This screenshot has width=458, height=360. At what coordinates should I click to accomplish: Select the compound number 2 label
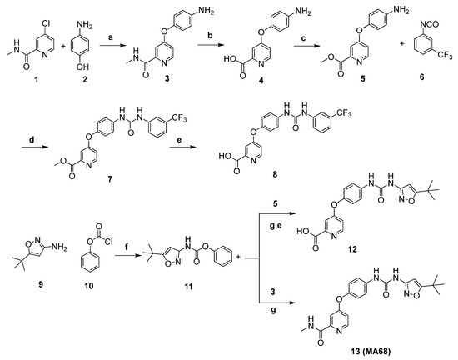85,79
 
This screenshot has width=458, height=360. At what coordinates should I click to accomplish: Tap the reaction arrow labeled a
112,46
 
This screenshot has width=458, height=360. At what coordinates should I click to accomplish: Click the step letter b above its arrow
211,36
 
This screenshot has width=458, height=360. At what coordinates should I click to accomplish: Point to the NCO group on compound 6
430,24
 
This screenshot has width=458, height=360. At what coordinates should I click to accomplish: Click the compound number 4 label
261,80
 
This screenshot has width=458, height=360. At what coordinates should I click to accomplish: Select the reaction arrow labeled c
306,46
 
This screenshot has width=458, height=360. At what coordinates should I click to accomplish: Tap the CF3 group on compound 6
446,56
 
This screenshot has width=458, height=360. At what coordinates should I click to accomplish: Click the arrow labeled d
35,147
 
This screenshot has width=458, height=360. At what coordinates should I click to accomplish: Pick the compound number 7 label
110,179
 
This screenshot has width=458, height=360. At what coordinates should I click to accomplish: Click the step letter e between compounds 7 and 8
180,139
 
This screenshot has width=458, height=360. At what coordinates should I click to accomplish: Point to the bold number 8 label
275,174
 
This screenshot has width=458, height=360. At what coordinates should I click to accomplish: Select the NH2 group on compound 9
59,248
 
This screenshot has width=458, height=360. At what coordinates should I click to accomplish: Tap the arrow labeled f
127,256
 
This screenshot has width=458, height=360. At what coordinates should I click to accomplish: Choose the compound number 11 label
188,287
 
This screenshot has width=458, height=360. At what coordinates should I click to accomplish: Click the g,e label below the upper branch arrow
275,226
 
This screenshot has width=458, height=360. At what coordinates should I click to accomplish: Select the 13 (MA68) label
371,352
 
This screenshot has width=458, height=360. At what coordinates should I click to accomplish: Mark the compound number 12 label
352,249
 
